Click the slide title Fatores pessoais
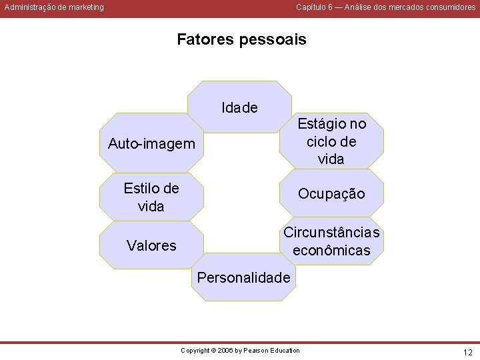click(241, 40)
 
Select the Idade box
click(240, 107)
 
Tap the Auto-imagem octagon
click(152, 144)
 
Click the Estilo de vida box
click(151, 197)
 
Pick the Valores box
click(152, 246)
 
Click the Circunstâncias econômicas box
click(331, 242)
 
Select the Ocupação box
click(331, 193)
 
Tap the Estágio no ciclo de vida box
click(331, 141)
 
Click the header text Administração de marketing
click(54, 7)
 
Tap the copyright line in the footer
click(241, 351)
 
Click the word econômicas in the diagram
click(331, 251)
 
